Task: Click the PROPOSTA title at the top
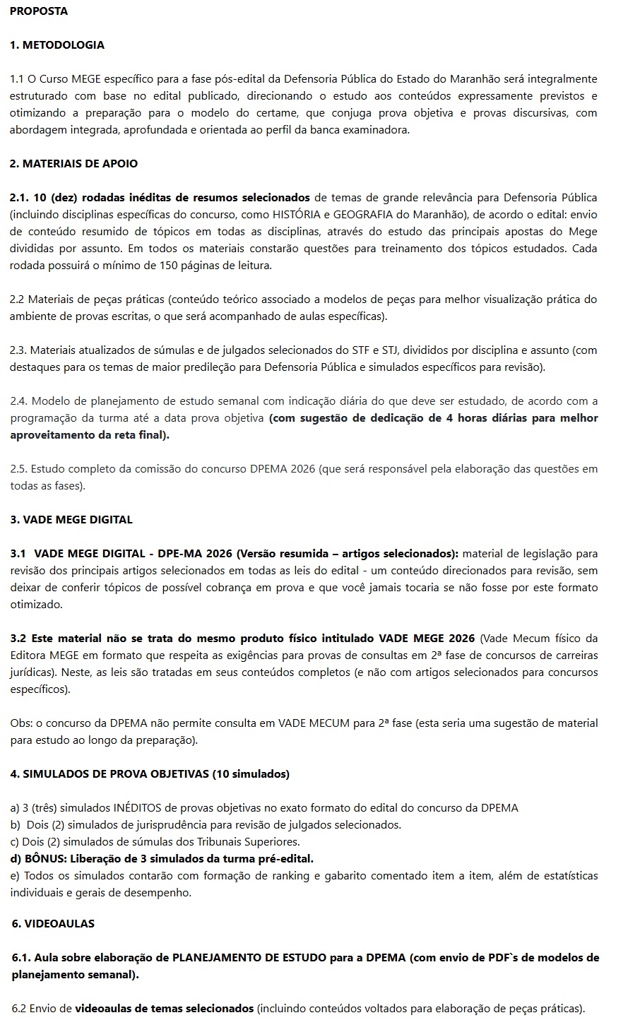[x=39, y=11]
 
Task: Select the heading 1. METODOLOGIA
[x=57, y=45]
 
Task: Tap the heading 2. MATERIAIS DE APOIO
[x=73, y=164]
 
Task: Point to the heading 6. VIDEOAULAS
[x=53, y=924]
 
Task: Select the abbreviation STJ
[x=391, y=350]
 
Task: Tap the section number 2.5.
[x=18, y=469]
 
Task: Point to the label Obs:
[x=21, y=723]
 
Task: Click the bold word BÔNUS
[x=44, y=859]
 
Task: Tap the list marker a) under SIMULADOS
[x=15, y=808]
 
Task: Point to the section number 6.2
[x=19, y=1009]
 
